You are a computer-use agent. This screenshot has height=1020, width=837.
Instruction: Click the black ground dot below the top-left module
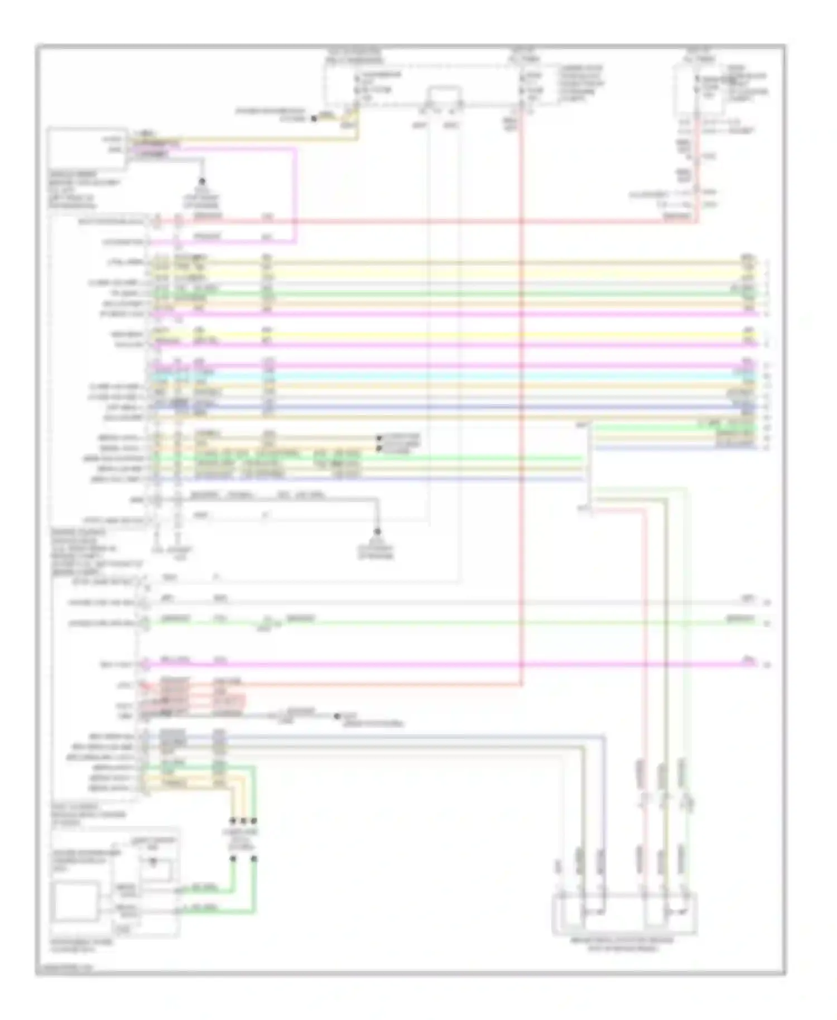click(202, 181)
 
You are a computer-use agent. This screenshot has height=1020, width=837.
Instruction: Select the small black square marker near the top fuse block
click(314, 118)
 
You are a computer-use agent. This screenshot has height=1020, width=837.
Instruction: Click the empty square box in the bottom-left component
click(75, 901)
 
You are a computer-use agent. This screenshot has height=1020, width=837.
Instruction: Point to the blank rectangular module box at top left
click(86, 147)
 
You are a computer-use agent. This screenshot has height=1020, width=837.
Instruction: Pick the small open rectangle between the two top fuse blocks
click(444, 96)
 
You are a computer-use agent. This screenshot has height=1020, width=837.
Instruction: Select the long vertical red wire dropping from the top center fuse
click(521, 391)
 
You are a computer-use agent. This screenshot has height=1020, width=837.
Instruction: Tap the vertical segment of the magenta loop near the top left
click(295, 195)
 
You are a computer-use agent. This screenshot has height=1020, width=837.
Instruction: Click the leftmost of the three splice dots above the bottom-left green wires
click(233, 821)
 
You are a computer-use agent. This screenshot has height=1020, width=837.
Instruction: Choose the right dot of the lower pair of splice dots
click(254, 859)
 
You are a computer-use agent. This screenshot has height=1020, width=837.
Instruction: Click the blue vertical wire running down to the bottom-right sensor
click(604, 809)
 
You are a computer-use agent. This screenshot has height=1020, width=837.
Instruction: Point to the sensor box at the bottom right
click(624, 914)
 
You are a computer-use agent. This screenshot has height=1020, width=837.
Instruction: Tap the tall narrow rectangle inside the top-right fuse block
click(684, 89)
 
